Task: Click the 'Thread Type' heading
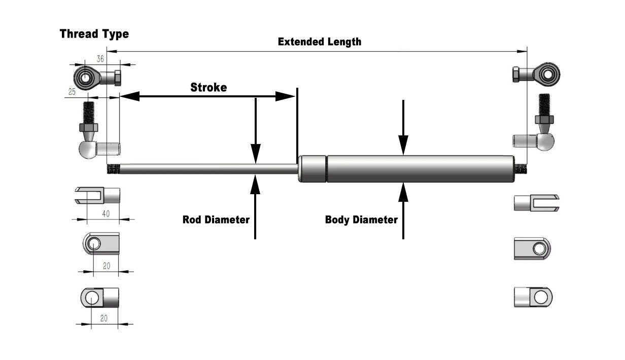(94, 34)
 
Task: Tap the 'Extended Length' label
(320, 42)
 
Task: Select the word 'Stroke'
(209, 87)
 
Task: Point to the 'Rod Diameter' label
(216, 220)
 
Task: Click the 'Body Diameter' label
(361, 220)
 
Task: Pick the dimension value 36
(100, 59)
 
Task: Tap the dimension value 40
(106, 213)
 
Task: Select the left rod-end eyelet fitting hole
(83, 78)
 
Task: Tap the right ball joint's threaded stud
(545, 104)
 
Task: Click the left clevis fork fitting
(97, 195)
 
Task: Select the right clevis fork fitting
(536, 203)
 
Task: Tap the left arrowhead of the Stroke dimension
(129, 96)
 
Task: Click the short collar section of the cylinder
(312, 168)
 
